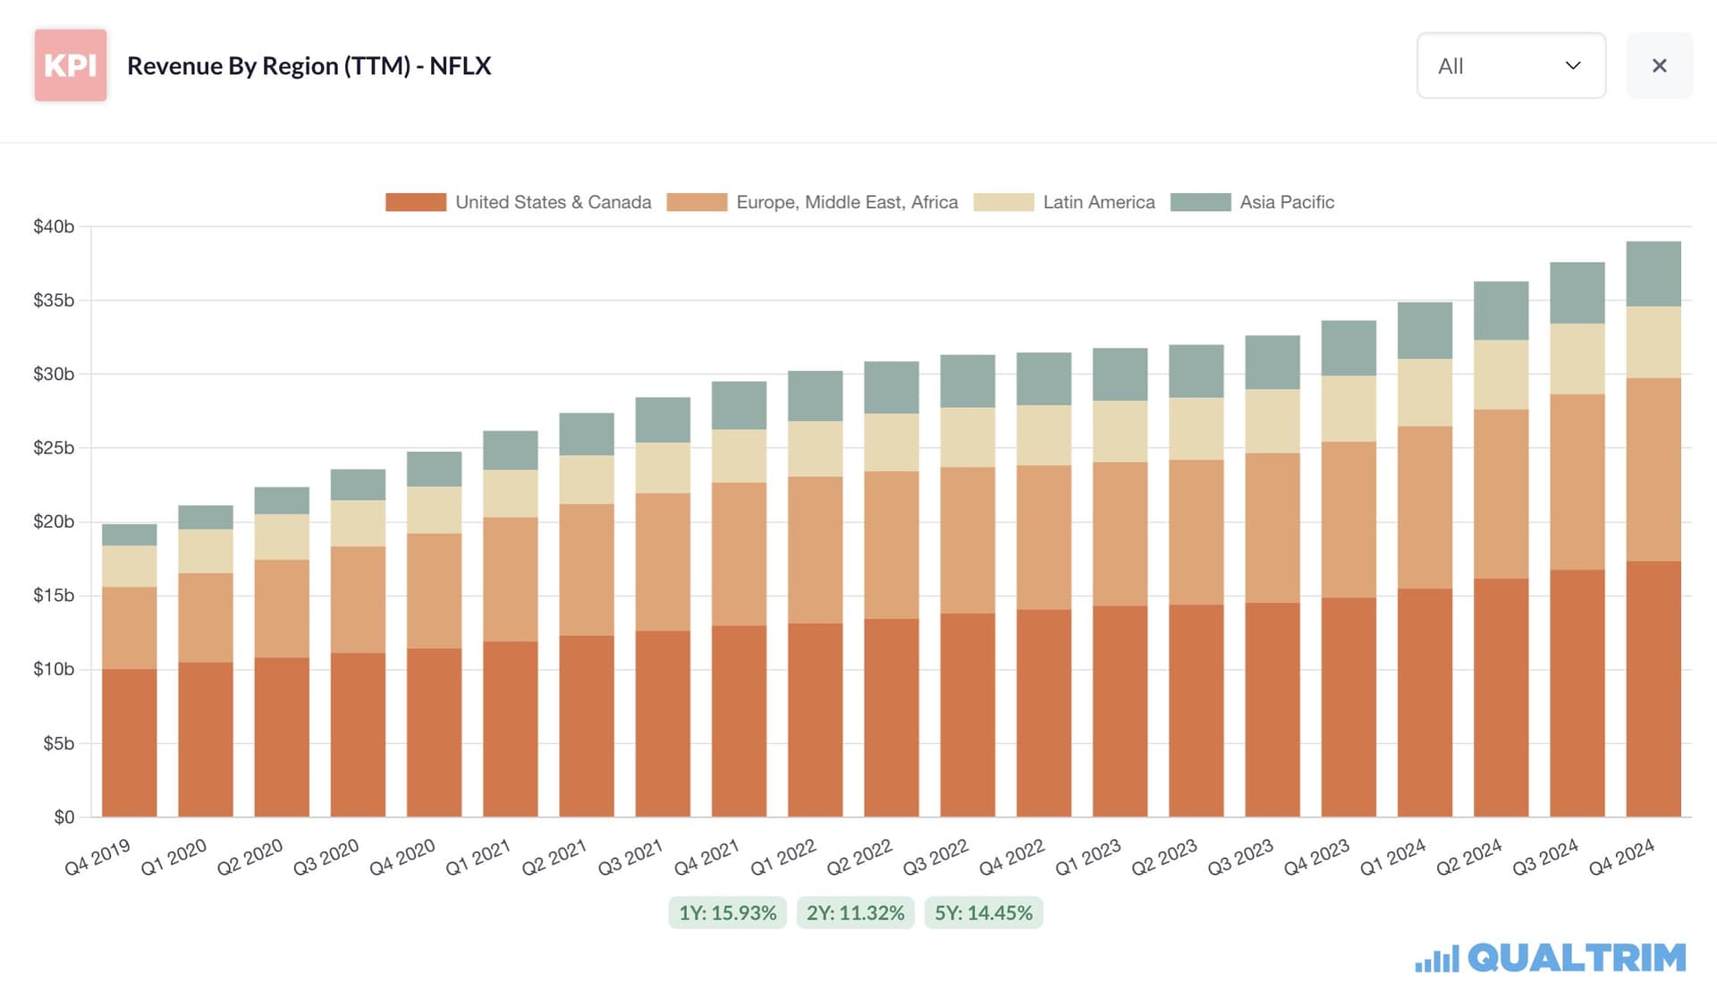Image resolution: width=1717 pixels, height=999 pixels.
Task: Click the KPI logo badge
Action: coord(71,65)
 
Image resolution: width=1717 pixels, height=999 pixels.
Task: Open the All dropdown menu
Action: coord(1511,65)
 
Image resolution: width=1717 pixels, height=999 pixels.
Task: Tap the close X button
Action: coord(1660,65)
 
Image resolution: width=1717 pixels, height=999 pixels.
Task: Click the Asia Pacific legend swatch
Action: coord(1200,202)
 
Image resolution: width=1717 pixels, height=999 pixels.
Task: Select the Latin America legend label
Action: coord(1099,202)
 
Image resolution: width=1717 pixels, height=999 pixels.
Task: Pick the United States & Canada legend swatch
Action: coord(416,202)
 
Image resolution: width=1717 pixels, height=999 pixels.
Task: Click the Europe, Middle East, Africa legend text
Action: coord(847,202)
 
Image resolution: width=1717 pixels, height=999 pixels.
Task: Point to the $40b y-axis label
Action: coord(54,226)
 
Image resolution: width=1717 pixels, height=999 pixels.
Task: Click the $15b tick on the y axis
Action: coord(54,596)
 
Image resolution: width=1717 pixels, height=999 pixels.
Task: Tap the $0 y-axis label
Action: coord(64,817)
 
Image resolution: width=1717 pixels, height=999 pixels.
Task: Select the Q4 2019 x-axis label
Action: coord(97,857)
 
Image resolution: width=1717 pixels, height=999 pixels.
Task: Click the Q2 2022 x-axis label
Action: coord(859,857)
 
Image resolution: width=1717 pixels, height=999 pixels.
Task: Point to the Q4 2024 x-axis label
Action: coord(1621,857)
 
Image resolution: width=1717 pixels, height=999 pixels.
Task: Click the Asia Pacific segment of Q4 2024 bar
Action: coord(1654,275)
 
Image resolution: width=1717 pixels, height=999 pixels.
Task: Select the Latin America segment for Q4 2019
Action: coord(130,566)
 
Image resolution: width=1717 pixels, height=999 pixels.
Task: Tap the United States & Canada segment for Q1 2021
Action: coord(511,729)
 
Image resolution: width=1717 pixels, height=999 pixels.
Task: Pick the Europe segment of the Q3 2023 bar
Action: coord(1273,528)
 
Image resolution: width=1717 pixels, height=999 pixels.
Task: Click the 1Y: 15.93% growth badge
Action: coord(727,913)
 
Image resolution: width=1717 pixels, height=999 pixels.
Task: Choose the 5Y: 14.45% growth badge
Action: coord(984,913)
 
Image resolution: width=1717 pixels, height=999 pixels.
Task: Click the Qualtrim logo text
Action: coord(1577,958)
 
